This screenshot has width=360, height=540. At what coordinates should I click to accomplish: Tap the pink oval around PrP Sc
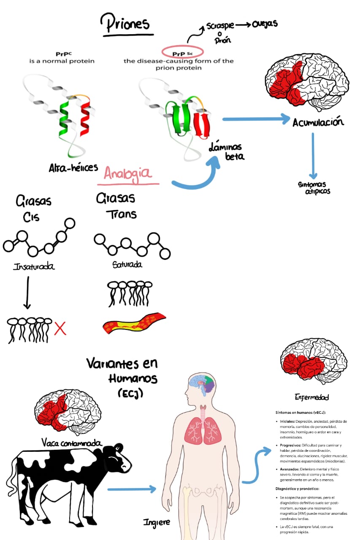click(182, 53)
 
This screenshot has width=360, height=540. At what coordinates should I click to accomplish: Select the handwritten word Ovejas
click(265, 24)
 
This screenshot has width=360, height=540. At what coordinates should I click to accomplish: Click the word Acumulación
click(318, 122)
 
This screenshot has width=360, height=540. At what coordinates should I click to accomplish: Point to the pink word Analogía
click(128, 174)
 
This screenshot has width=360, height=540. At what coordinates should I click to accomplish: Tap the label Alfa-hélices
click(73, 167)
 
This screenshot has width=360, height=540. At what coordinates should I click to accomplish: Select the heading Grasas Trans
click(116, 206)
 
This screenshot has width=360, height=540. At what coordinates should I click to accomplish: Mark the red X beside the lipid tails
click(60, 328)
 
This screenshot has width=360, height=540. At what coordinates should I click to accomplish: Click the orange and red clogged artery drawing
click(134, 323)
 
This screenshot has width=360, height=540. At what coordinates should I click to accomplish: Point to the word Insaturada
click(34, 267)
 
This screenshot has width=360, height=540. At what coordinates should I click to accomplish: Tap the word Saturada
click(127, 265)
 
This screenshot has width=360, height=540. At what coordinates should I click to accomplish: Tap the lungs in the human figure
click(203, 429)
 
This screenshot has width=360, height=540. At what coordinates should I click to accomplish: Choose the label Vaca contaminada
click(72, 443)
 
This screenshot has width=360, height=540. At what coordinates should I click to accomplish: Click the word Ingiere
click(157, 522)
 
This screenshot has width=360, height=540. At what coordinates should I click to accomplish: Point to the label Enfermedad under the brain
click(311, 397)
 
